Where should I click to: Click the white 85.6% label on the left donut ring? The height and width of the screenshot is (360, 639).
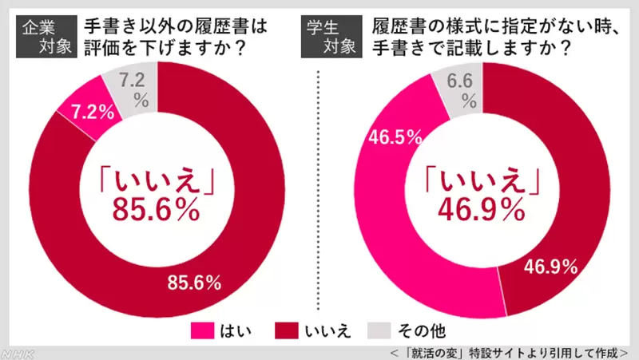(x=195, y=282)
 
